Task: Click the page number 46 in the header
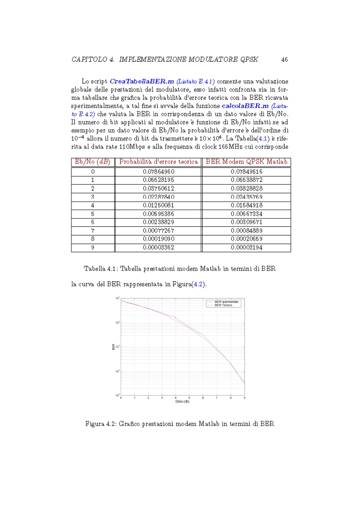tap(284, 59)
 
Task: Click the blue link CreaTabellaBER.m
tap(138, 81)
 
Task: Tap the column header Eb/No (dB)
tap(92, 162)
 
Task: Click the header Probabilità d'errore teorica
tap(158, 162)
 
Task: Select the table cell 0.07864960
tap(158, 171)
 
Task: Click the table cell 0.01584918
tap(247, 205)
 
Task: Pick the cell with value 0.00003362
tap(158, 248)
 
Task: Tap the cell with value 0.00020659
tap(247, 239)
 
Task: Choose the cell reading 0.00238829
tap(158, 222)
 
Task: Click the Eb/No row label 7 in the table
tap(92, 231)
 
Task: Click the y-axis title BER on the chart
tap(113, 346)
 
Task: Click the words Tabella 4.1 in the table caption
tap(100, 268)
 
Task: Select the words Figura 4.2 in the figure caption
tap(101, 424)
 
